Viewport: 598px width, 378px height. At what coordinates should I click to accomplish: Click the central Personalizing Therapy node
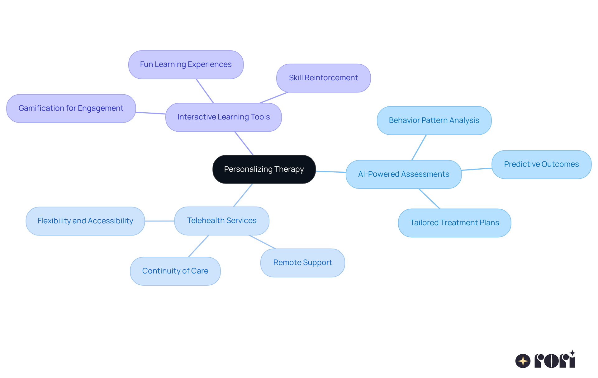(x=264, y=169)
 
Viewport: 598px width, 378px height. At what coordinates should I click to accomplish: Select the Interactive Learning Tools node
(x=223, y=117)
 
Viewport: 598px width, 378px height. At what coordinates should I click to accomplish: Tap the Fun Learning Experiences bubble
(x=186, y=65)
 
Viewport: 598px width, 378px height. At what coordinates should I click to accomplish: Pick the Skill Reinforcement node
(x=323, y=78)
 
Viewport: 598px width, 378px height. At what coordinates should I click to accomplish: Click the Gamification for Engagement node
(x=71, y=109)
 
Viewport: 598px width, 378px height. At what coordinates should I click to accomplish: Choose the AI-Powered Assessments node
(x=403, y=174)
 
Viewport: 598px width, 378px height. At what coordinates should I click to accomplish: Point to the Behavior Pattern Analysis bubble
(x=434, y=121)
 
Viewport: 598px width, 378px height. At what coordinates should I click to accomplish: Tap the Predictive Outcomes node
(x=541, y=165)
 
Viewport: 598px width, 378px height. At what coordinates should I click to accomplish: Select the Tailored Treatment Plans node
(x=454, y=223)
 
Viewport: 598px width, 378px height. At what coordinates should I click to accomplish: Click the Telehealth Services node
(x=221, y=221)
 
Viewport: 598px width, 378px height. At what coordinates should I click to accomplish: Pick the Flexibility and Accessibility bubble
(x=85, y=221)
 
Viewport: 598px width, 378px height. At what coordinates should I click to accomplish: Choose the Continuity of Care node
(x=175, y=271)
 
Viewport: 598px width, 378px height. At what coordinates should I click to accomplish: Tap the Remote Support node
(x=302, y=263)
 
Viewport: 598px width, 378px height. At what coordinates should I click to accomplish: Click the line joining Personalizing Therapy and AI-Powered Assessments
(x=331, y=171)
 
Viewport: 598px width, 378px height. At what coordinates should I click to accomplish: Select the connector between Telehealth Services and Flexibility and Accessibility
(x=159, y=221)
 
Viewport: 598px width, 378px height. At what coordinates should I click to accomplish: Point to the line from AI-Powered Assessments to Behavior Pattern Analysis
(x=419, y=147)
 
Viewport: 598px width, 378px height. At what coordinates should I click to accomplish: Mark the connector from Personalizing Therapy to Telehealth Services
(x=243, y=195)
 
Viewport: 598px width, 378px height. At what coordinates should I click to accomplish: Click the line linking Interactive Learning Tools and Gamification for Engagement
(x=151, y=113)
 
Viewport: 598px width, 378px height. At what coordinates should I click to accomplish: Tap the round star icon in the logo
(x=523, y=361)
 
